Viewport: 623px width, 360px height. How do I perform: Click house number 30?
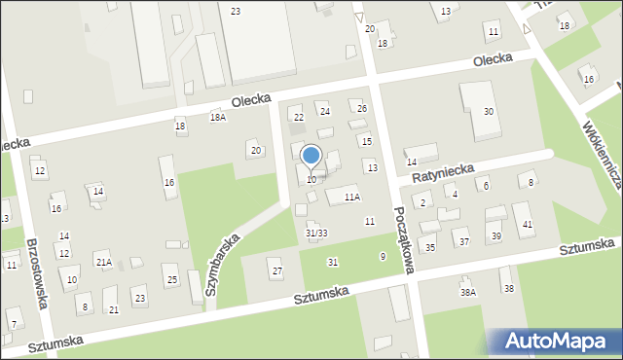489,112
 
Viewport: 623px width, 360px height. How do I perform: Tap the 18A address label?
218,117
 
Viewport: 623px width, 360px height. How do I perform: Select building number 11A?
351,197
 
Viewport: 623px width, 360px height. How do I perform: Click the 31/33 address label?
316,233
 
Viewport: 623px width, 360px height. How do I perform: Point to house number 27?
276,270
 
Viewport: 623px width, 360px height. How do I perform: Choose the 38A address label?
468,292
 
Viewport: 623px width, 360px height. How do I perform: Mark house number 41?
528,225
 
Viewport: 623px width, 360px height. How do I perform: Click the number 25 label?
172,280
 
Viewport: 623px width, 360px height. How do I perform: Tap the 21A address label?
103,262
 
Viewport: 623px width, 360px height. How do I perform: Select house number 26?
362,108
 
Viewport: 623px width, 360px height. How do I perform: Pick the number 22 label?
299,118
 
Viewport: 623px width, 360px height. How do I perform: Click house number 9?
383,256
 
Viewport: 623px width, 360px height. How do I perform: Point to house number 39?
495,236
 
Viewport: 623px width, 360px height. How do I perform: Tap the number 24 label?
325,111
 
